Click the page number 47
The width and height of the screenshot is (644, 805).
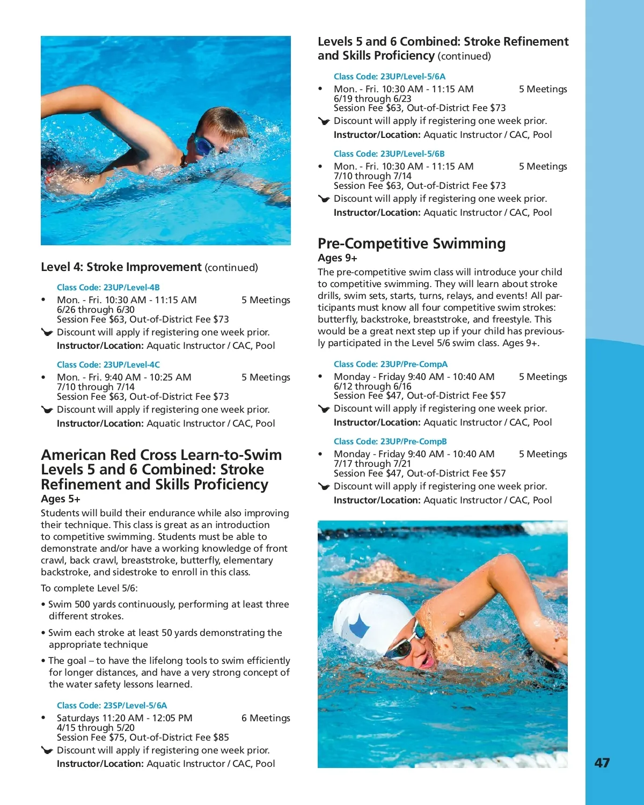coord(602,763)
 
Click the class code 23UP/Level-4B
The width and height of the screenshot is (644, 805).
coord(108,288)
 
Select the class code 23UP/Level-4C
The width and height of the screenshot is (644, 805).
coord(108,365)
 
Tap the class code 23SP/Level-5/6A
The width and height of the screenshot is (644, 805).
coord(112,706)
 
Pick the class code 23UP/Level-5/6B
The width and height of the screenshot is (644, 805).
coord(389,154)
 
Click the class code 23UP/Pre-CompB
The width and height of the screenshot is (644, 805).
coord(390,442)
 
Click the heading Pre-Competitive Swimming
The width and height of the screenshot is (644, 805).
coord(411,244)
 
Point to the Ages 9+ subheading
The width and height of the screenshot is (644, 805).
coord(337,258)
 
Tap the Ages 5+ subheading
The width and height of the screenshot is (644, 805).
coord(61,499)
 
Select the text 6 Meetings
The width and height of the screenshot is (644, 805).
coord(266,718)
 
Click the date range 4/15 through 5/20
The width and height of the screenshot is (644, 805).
coord(96,728)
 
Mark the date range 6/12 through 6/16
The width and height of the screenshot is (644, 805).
coord(372,386)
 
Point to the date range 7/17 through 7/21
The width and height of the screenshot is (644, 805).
coord(372,464)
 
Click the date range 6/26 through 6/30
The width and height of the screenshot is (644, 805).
coord(96,310)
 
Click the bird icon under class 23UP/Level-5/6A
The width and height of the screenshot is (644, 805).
coord(324,121)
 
